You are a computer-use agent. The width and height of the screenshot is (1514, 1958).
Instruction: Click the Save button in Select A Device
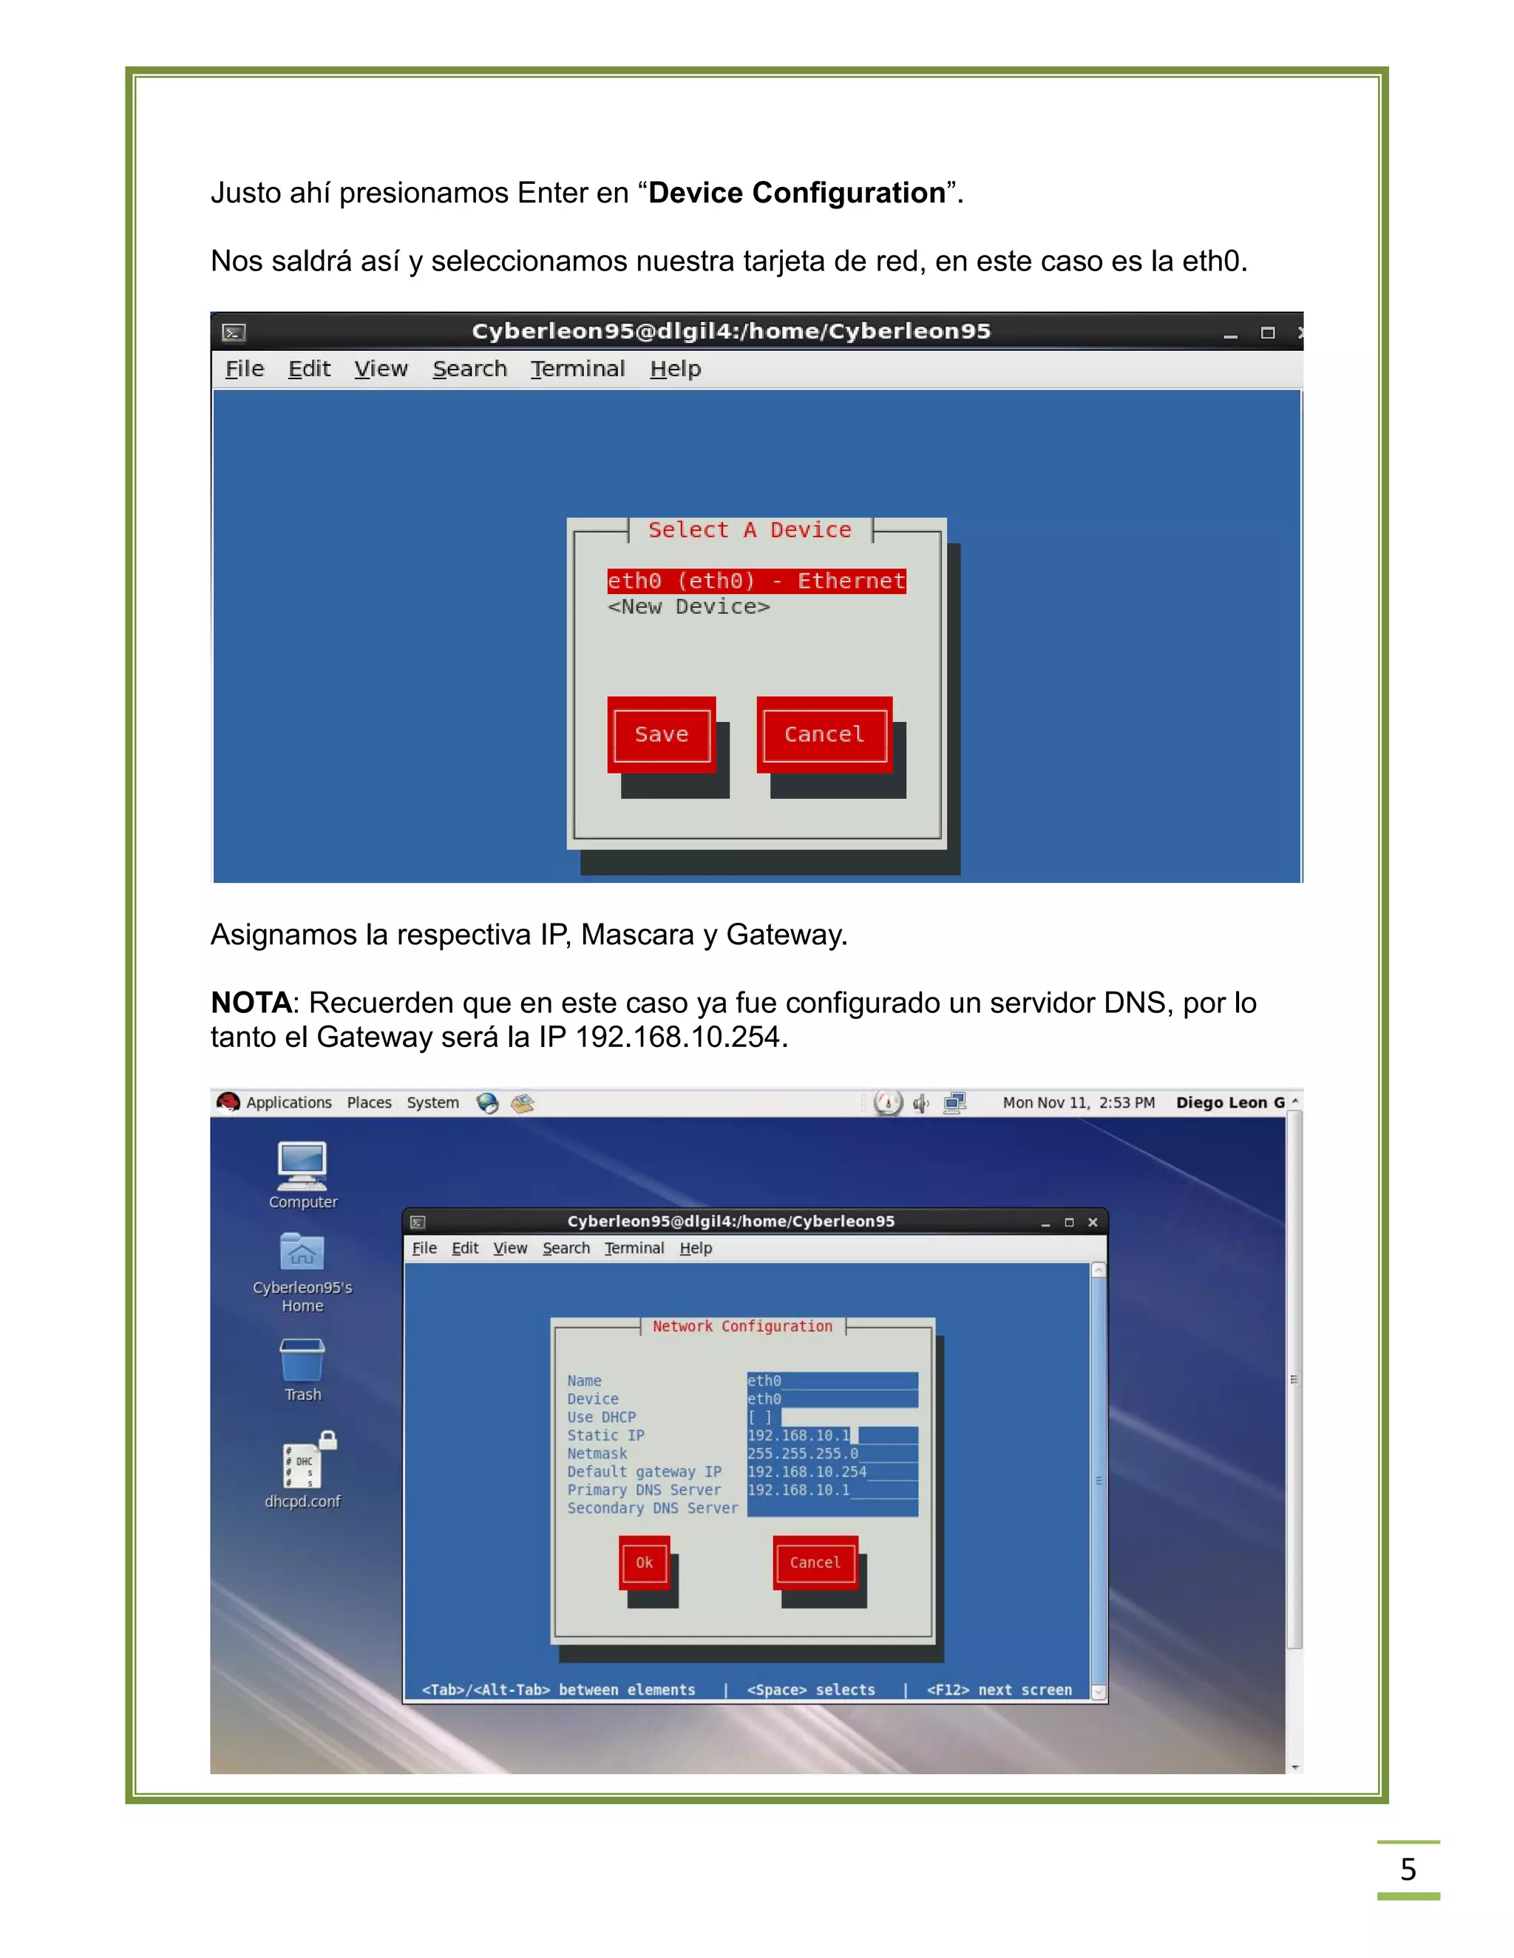[661, 734]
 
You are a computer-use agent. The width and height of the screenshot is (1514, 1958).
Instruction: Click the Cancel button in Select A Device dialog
[824, 734]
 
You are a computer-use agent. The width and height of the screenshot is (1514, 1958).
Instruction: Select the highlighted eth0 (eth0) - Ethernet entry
[756, 581]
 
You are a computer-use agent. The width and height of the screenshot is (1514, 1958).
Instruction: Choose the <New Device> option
[688, 607]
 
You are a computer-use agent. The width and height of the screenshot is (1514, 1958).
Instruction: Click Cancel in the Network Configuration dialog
[815, 1563]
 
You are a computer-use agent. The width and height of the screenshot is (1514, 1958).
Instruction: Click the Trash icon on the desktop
[302, 1360]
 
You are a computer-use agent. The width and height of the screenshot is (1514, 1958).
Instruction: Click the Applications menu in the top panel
[288, 1102]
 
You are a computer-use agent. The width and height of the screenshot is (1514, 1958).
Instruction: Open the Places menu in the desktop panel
[369, 1102]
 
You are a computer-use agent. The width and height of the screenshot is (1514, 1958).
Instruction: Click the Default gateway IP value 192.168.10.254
[807, 1472]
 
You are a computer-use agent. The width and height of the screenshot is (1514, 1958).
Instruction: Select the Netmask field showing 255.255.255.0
[804, 1454]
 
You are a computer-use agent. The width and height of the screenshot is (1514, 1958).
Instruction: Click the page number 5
[1408, 1869]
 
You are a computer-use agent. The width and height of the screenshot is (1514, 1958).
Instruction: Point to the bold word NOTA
[251, 1003]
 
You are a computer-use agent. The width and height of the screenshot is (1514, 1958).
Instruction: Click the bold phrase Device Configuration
[796, 193]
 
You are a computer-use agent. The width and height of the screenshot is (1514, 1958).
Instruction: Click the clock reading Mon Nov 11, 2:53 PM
[1078, 1102]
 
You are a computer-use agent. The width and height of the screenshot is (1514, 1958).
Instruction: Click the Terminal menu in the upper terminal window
[577, 369]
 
